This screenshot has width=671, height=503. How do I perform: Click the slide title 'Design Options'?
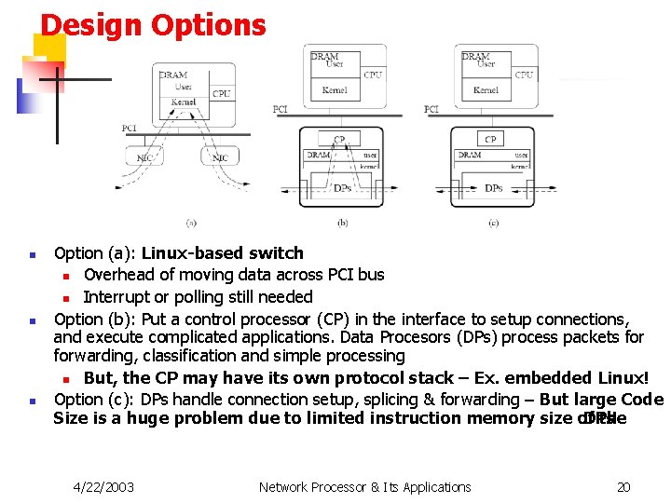click(153, 25)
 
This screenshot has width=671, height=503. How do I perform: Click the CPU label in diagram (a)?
click(221, 93)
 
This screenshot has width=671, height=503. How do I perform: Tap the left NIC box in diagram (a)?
click(145, 157)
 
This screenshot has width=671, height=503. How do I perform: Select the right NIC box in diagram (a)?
click(220, 157)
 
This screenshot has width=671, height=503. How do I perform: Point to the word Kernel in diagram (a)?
click(183, 102)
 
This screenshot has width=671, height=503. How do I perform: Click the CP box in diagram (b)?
click(339, 140)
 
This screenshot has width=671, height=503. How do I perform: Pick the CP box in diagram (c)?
click(490, 140)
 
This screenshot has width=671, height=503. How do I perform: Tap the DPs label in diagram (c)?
click(494, 188)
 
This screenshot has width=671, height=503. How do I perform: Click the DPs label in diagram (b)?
click(342, 188)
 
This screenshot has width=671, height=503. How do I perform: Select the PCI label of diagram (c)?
click(431, 109)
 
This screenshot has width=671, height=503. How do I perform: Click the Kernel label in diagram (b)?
click(335, 90)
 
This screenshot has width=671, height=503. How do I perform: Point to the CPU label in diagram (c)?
click(524, 75)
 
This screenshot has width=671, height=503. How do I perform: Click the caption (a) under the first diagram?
click(190, 223)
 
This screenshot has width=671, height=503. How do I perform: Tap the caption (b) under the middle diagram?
click(342, 223)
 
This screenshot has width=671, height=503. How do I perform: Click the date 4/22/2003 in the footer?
click(103, 486)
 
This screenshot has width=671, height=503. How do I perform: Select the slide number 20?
click(623, 486)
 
